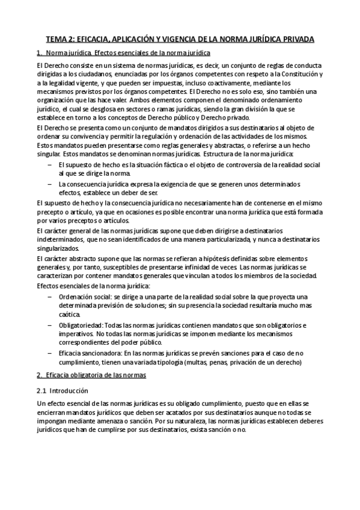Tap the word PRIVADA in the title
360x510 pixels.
[295, 40]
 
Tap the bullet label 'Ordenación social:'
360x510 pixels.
[86, 297]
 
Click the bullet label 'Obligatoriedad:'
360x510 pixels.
[82, 325]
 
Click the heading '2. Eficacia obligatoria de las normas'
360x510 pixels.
[91, 376]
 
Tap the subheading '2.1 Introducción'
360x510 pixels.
[62, 390]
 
